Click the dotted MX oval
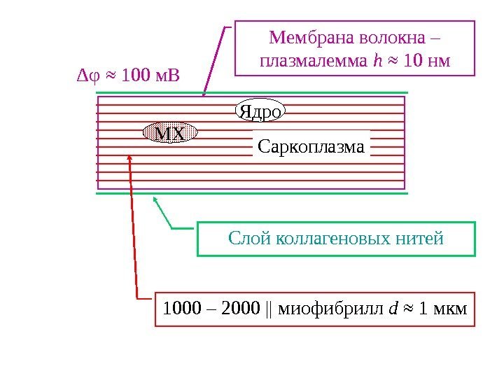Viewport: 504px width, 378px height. (x=170, y=132)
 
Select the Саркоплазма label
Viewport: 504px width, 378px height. (x=311, y=148)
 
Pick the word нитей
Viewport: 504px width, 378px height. (x=422, y=238)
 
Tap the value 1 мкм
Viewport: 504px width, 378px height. (x=442, y=309)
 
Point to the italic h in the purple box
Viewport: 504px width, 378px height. (x=379, y=62)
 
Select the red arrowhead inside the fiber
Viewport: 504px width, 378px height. (x=129, y=158)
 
